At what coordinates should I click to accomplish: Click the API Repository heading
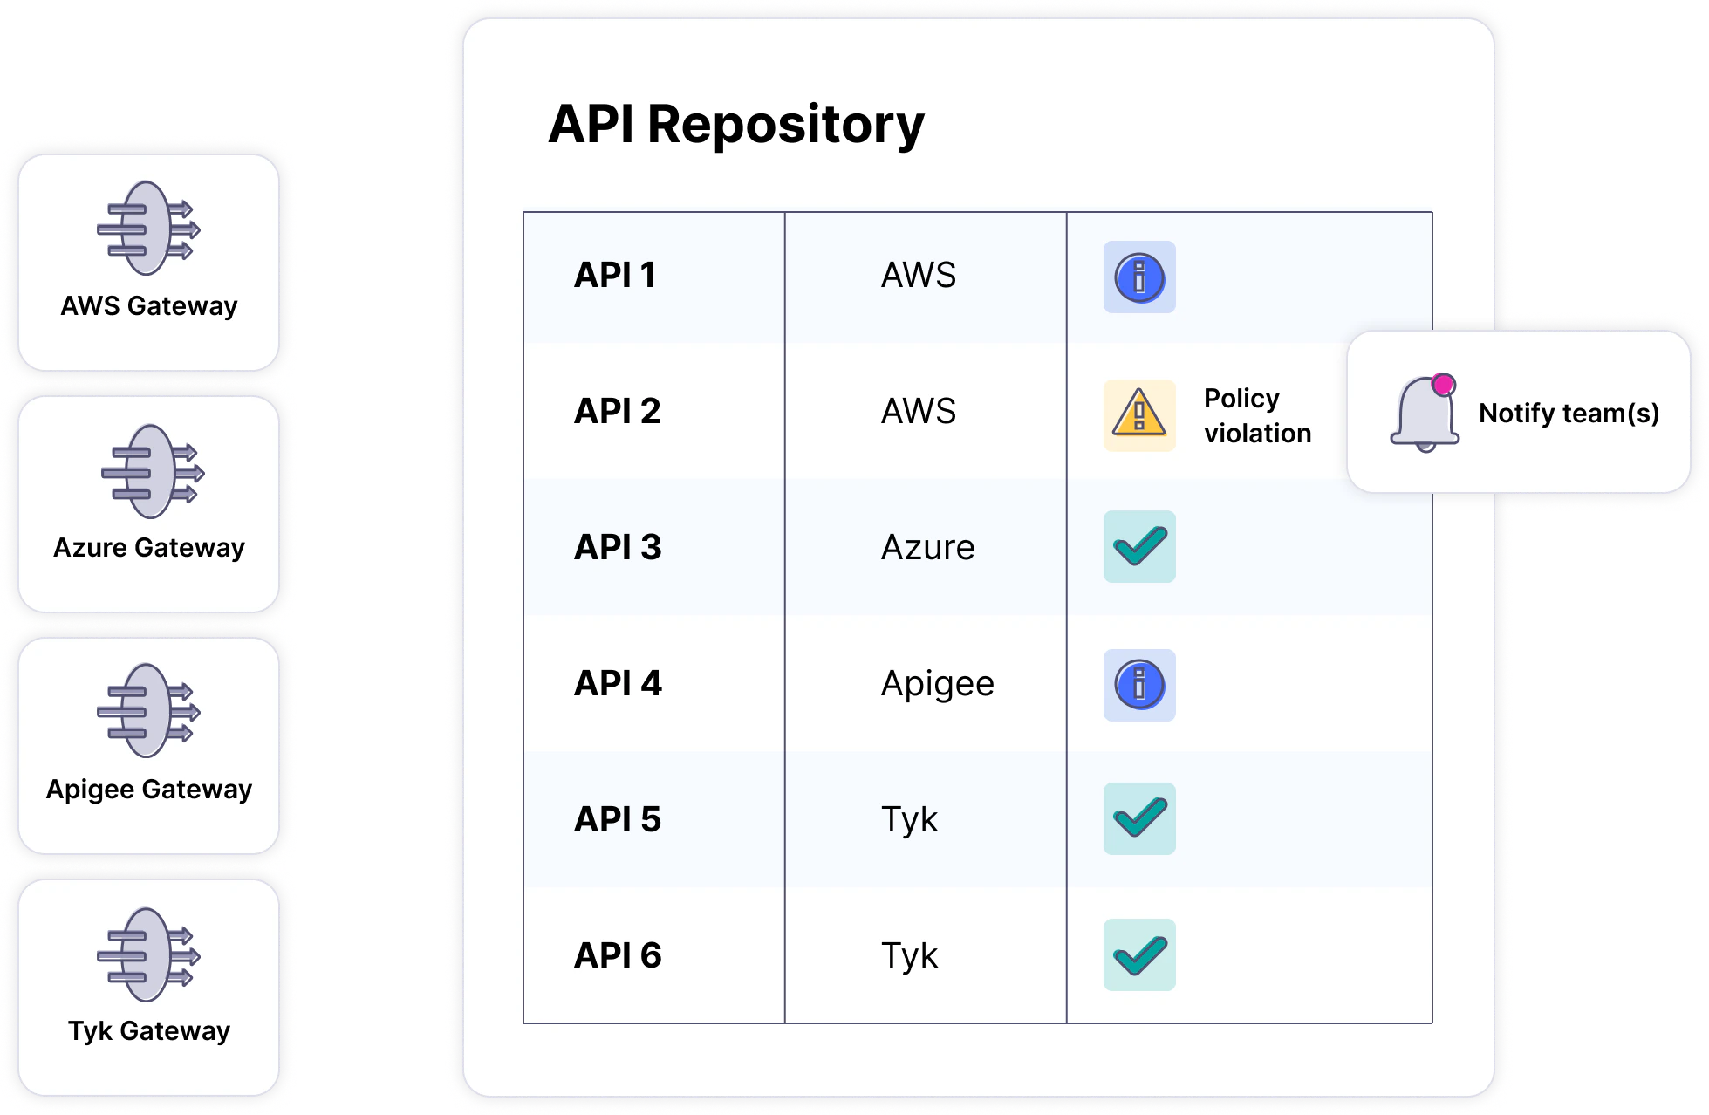point(735,125)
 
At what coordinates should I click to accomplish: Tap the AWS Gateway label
point(149,306)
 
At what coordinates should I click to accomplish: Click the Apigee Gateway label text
point(149,790)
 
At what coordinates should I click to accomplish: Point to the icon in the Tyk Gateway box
point(148,955)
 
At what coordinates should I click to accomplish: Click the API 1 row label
point(614,276)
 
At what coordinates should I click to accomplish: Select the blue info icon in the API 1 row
point(1139,277)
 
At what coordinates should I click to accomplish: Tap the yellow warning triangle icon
point(1139,415)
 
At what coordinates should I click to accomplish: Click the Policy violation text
point(1256,416)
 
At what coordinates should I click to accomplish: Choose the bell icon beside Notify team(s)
point(1424,415)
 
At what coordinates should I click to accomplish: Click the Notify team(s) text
point(1569,414)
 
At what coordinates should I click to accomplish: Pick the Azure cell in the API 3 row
point(927,548)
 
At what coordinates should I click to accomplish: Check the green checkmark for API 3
point(1139,547)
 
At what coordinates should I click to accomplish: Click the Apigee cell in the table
point(937,684)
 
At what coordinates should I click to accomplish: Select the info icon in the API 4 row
point(1139,685)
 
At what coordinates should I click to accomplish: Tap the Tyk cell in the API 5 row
point(909,820)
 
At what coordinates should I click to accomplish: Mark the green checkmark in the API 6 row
point(1139,955)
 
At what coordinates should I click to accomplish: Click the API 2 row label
point(617,412)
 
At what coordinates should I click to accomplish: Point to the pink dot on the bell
point(1443,385)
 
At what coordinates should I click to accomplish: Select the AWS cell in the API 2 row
point(918,412)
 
